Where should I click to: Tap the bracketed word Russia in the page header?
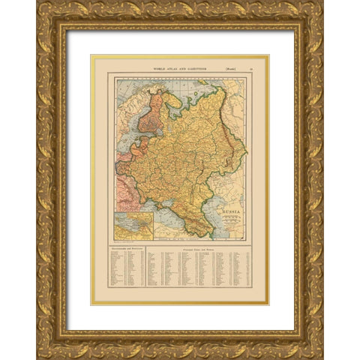coord(224,67)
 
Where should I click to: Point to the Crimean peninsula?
coord(166,210)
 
